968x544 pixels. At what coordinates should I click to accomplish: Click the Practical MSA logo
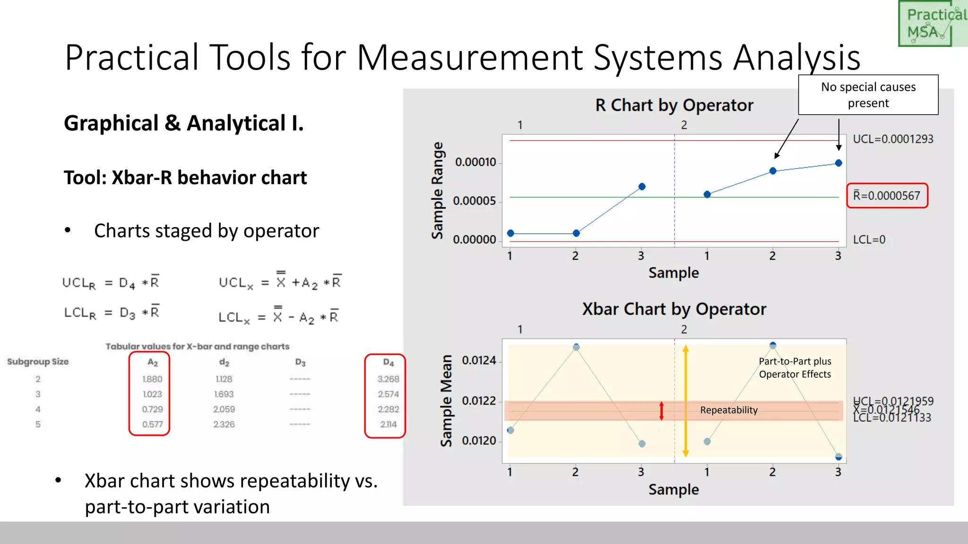[x=932, y=24]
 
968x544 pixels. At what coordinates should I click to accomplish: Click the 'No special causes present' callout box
[x=868, y=95]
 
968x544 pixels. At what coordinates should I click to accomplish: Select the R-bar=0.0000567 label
[x=887, y=195]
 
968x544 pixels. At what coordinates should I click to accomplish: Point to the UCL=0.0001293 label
[x=892, y=139]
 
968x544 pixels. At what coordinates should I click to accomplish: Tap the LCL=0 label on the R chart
[x=869, y=239]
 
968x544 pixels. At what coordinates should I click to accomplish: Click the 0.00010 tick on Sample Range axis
[x=475, y=162]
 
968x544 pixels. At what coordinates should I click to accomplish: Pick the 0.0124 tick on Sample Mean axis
[x=478, y=360]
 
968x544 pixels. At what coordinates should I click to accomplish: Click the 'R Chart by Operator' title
[x=674, y=105]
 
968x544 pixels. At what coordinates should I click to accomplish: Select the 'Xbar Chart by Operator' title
[x=674, y=309]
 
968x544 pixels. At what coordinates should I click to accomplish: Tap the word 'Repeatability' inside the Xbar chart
[x=728, y=410]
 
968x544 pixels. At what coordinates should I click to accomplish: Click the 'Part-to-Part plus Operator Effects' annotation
[x=795, y=367]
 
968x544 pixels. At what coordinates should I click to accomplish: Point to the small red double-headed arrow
[x=661, y=411]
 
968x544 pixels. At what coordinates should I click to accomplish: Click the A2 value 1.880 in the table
[x=152, y=379]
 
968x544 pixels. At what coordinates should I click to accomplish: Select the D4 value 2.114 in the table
[x=388, y=424]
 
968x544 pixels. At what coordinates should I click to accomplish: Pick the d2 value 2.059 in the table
[x=224, y=409]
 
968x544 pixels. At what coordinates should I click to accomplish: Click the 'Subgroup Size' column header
[x=38, y=362]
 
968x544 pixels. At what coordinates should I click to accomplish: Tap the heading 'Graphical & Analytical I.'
[x=183, y=123]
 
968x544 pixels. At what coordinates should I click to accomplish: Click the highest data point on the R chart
[x=838, y=163]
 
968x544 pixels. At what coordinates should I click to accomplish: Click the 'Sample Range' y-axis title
[x=437, y=190]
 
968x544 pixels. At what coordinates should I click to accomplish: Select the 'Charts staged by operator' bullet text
[x=206, y=231]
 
